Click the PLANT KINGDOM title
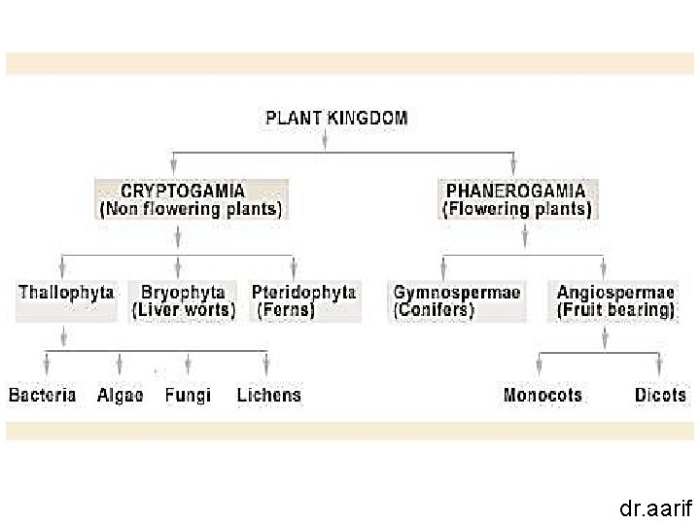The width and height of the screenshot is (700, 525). [336, 119]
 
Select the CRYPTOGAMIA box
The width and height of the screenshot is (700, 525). [191, 199]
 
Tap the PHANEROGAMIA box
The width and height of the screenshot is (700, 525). [516, 199]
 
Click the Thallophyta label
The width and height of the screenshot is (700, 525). [66, 292]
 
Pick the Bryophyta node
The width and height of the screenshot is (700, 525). [183, 300]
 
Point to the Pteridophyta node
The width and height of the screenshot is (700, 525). [303, 300]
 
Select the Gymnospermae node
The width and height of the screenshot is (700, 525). [456, 300]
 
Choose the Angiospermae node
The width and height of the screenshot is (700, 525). [615, 300]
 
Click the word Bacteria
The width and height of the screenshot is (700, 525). [42, 395]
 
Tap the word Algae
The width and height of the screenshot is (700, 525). [121, 395]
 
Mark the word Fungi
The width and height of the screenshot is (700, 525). [188, 395]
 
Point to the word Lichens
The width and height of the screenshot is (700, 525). [268, 395]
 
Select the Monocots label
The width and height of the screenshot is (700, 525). [542, 395]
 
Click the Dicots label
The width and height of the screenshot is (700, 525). [660, 395]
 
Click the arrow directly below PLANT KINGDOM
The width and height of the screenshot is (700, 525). [325, 140]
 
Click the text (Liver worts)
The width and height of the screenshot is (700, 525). [183, 310]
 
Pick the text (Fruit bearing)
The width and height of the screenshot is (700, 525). [615, 310]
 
